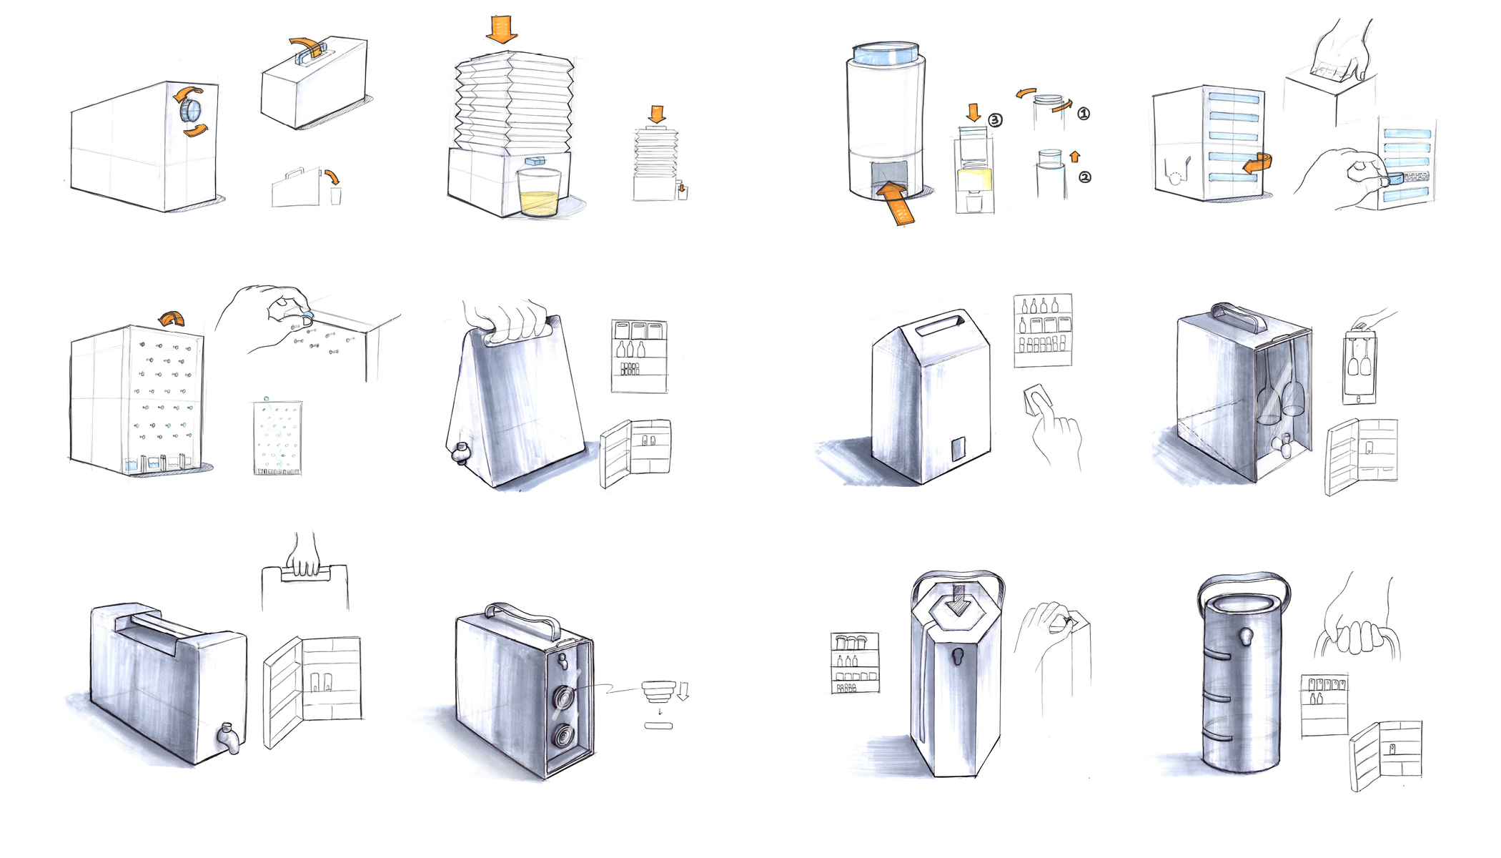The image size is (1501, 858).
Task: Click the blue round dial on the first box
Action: pyautogui.click(x=191, y=110)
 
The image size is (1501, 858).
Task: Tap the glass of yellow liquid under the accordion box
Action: pyautogui.click(x=539, y=192)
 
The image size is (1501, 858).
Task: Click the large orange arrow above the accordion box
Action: pyautogui.click(x=502, y=29)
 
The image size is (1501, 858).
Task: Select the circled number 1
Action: pyautogui.click(x=1084, y=114)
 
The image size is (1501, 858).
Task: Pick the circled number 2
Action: pyautogui.click(x=1084, y=177)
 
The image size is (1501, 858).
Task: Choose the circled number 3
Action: pyautogui.click(x=996, y=120)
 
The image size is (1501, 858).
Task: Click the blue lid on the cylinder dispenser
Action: pyautogui.click(x=886, y=54)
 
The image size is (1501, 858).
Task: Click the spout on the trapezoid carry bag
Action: pyautogui.click(x=460, y=453)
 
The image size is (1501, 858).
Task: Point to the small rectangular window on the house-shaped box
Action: pyautogui.click(x=958, y=448)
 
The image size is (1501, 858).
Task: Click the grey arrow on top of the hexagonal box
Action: pyautogui.click(x=958, y=601)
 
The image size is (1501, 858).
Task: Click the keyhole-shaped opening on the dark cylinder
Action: pyautogui.click(x=1247, y=636)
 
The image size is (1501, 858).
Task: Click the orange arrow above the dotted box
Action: pyautogui.click(x=172, y=319)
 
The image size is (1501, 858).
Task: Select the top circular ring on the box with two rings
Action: pyautogui.click(x=564, y=697)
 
